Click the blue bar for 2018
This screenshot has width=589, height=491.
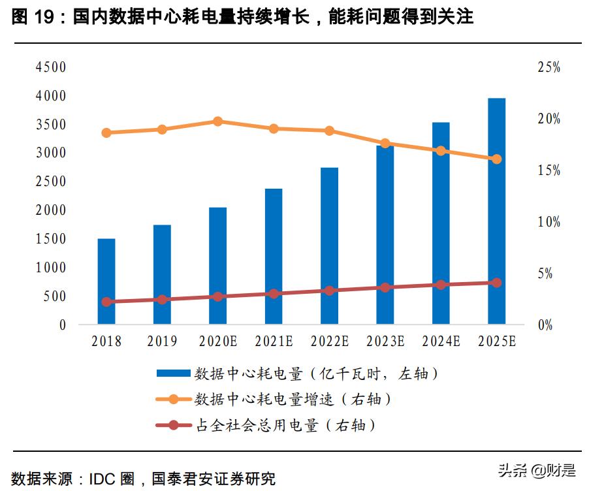coord(106,281)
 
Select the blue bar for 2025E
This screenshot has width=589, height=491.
coord(497,211)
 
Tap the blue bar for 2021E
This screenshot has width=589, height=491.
coord(274,256)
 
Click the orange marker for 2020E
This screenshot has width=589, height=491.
coord(218,121)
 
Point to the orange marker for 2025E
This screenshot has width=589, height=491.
coord(497,159)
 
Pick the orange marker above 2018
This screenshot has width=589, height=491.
coord(106,133)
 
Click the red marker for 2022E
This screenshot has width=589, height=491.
coord(330,291)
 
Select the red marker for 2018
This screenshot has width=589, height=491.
coord(106,302)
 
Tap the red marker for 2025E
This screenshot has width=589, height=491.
coord(497,283)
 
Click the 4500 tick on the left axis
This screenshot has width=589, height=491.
coord(51,67)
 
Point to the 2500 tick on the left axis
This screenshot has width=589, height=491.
coord(51,182)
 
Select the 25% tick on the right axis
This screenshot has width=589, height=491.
coord(549,67)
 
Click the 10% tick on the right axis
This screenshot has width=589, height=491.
coord(549,222)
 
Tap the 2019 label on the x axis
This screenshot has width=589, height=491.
coord(162,341)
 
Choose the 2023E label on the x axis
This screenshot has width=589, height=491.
coord(385,341)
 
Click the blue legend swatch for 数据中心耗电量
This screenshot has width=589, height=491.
coord(174,374)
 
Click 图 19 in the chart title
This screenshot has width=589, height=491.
coord(34,18)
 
